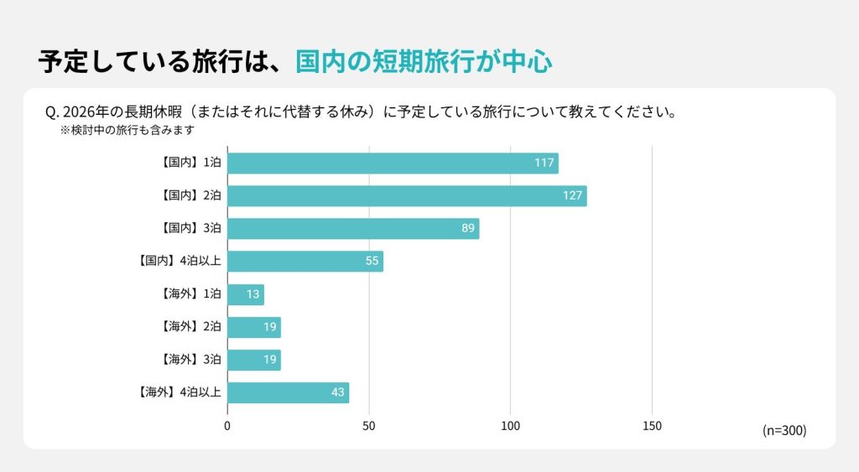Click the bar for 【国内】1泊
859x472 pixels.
(x=393, y=163)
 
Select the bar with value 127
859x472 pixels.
(x=407, y=195)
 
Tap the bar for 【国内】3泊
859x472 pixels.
(x=353, y=228)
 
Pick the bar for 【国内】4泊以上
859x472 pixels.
(x=305, y=261)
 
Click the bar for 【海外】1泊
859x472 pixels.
(x=246, y=294)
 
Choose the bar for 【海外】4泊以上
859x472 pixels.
(x=288, y=392)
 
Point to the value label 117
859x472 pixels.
(x=544, y=163)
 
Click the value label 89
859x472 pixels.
(x=468, y=228)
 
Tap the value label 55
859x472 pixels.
(x=372, y=261)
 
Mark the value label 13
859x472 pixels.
(x=253, y=294)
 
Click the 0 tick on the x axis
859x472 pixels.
(x=227, y=426)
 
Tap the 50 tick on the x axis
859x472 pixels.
(x=369, y=426)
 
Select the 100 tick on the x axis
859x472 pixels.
(x=510, y=426)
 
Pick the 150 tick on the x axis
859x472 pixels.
(x=652, y=426)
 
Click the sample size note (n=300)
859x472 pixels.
(x=784, y=430)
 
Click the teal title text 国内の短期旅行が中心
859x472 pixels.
(x=424, y=62)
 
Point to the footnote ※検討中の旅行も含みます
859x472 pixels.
(x=127, y=131)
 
